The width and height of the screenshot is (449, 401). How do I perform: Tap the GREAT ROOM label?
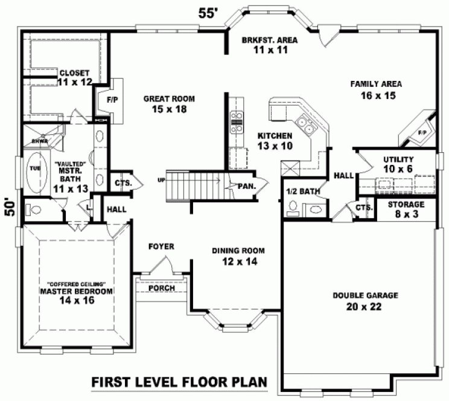(x=164, y=104)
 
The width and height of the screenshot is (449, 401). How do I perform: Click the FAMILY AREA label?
(x=376, y=89)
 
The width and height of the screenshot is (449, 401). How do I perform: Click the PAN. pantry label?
(x=246, y=187)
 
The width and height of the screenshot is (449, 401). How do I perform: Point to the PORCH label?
(x=161, y=288)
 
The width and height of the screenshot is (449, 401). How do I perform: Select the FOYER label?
(x=161, y=246)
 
